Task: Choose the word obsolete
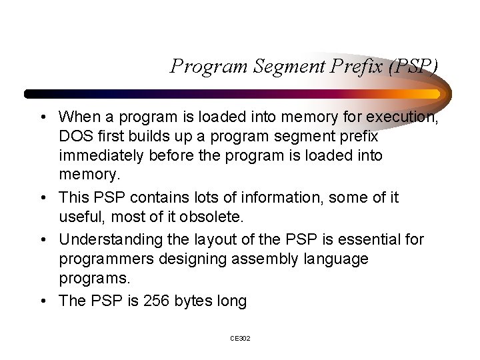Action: [x=209, y=217]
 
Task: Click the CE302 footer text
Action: [x=240, y=339]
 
